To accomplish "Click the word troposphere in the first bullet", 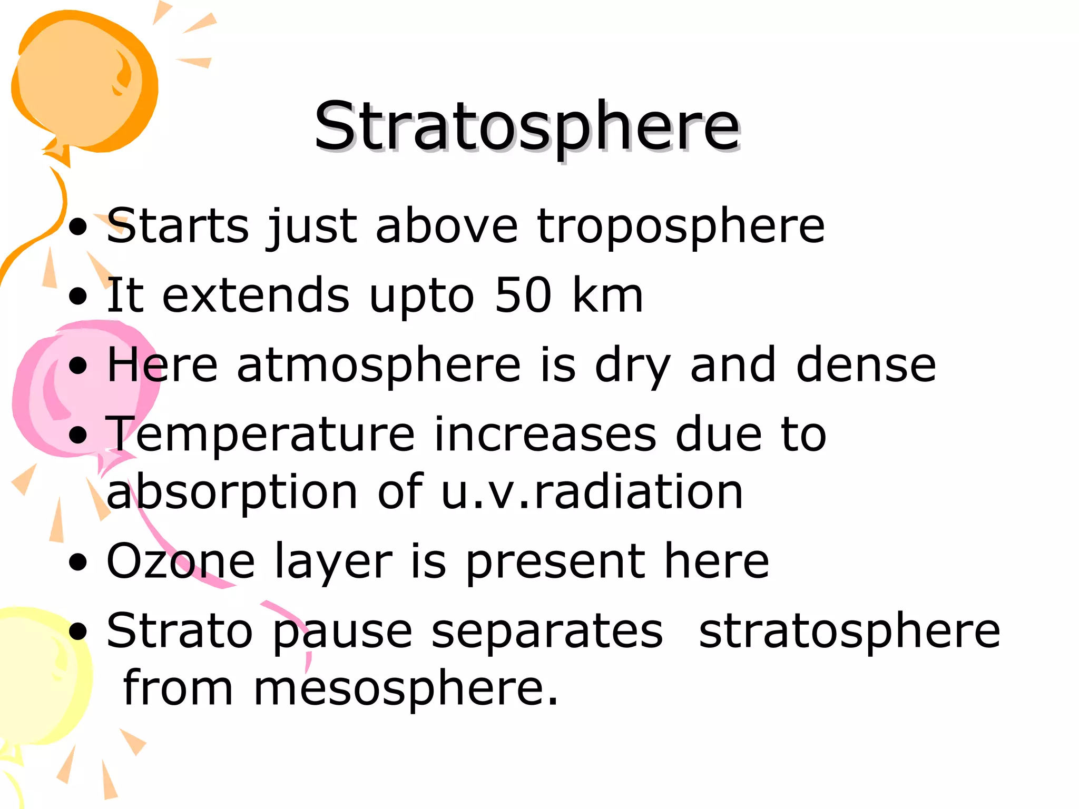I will pos(681,226).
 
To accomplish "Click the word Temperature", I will pos(261,435).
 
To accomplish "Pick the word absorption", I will pos(232,492).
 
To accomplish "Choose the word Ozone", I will pos(181,561).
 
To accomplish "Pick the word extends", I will pos(256,295).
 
